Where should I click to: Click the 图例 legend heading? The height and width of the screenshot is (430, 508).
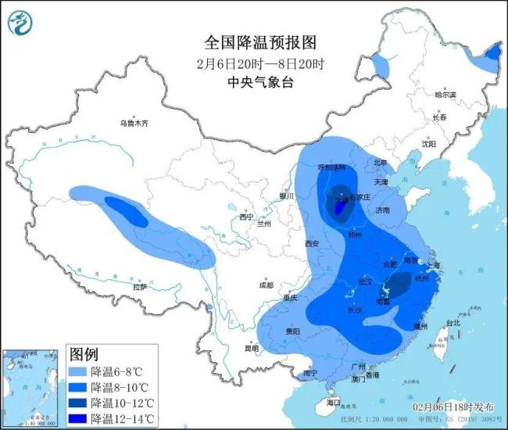tap(84, 355)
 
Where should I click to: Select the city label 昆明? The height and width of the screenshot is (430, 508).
tap(251, 348)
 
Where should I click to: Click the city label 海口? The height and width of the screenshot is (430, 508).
tap(334, 402)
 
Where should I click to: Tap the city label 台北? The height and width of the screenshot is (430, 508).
tap(453, 323)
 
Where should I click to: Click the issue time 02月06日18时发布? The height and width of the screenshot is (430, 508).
tap(453, 407)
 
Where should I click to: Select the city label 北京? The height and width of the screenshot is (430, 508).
tap(381, 163)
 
